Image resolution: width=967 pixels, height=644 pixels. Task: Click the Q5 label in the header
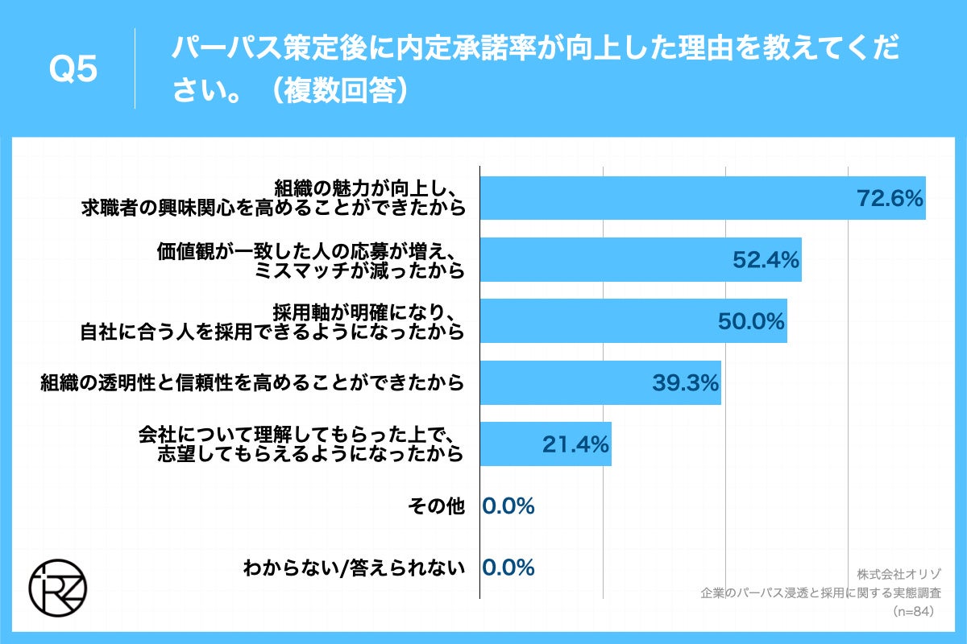pos(73,71)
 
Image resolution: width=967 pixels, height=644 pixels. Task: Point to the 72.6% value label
pos(889,198)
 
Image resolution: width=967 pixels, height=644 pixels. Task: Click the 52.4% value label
pos(766,259)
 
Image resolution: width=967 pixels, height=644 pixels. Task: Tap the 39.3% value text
pos(685,383)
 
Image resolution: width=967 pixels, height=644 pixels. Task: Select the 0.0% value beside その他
pos(508,506)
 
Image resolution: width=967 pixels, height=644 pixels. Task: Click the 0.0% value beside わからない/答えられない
pos(508,568)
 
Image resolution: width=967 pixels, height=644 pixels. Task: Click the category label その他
pos(437,506)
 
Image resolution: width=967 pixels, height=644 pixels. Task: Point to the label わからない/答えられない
pos(355,568)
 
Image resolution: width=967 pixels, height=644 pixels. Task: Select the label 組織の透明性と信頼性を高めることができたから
pos(253,383)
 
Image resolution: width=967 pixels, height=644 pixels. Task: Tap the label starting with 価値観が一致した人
pos(311,259)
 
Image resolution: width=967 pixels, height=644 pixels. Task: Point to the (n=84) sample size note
pos(913,612)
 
